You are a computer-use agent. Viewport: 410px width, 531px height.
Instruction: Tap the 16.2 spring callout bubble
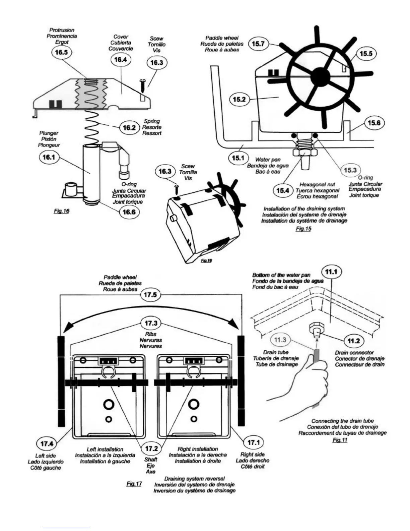click(x=129, y=128)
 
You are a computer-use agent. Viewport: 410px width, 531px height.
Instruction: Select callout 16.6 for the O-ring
click(x=129, y=212)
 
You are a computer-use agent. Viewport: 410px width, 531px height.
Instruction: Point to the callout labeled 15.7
click(x=257, y=44)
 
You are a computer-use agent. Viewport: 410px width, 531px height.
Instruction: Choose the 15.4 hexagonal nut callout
click(x=283, y=190)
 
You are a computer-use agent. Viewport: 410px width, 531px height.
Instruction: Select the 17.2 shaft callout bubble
click(x=151, y=449)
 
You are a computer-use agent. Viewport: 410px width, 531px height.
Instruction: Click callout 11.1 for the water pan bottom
click(x=331, y=272)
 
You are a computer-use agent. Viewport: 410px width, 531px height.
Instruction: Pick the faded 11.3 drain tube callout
click(x=280, y=340)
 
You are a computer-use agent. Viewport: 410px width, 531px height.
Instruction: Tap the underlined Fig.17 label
click(x=135, y=484)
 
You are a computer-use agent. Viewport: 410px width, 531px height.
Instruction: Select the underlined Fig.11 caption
click(x=340, y=440)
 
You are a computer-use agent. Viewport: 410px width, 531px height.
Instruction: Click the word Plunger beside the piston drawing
click(x=49, y=133)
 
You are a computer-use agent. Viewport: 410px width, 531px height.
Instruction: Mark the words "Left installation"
click(x=105, y=449)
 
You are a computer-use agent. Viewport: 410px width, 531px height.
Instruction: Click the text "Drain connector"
click(x=354, y=353)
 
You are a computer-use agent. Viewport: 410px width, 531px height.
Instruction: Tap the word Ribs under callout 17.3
click(x=151, y=334)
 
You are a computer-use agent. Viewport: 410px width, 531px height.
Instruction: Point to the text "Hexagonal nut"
click(x=317, y=184)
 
